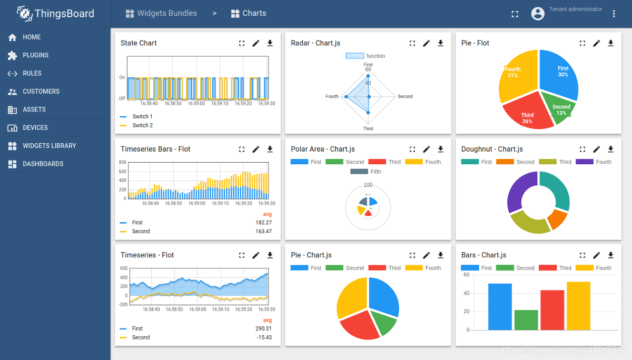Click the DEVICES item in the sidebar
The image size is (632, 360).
[x=35, y=128]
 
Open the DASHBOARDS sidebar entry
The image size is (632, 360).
[x=43, y=164]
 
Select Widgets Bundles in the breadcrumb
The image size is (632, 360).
[x=166, y=14]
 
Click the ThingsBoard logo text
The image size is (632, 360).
[x=64, y=14]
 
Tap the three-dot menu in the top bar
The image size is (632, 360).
[x=614, y=14]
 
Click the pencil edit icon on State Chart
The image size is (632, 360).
[x=256, y=44]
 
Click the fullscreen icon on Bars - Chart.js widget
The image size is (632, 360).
[x=582, y=255]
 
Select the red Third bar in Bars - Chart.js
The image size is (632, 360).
[x=552, y=310]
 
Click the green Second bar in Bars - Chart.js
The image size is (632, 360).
[x=526, y=319]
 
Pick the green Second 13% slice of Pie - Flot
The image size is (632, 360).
[x=561, y=109]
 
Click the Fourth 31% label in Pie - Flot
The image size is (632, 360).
[x=512, y=73]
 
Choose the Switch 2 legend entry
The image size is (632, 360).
[x=142, y=126]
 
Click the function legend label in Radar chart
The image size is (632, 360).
[x=376, y=56]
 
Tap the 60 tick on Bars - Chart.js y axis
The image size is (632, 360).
[x=466, y=275]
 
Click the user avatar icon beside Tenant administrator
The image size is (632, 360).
[x=538, y=14]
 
